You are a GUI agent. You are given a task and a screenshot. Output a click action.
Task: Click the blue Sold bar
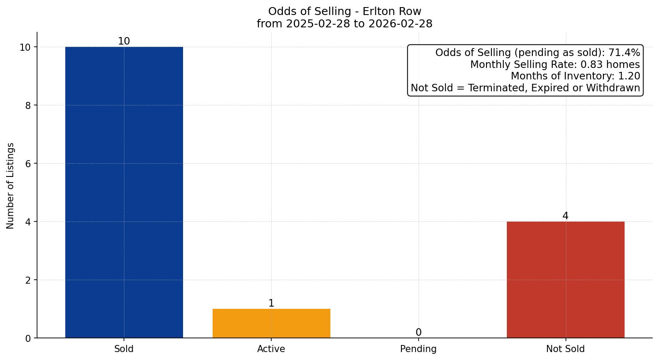coord(124,192)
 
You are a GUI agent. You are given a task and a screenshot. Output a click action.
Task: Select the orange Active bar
coord(271,323)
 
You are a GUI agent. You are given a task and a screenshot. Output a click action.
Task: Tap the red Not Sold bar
coord(565,280)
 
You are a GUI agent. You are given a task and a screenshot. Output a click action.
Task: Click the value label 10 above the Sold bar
coord(124,41)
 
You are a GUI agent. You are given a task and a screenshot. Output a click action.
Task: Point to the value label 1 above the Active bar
coord(271,303)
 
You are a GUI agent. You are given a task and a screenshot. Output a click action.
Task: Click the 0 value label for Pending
coord(418,332)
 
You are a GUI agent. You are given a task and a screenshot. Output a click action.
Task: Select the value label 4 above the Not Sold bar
coord(565,216)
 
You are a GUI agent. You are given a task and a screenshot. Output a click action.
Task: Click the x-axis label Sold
coord(124,349)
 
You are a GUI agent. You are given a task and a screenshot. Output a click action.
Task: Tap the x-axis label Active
coord(271,349)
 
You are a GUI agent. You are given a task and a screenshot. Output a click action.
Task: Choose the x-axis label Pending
coord(418,349)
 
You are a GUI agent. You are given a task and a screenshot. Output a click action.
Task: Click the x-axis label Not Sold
coord(565,349)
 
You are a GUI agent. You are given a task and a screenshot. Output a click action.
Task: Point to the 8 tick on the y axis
coord(28,105)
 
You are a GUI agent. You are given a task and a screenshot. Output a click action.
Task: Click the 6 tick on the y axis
coord(28,164)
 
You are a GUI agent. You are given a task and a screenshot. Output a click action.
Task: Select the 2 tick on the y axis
coord(28,280)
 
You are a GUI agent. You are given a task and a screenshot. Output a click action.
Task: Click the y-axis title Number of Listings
coord(11,185)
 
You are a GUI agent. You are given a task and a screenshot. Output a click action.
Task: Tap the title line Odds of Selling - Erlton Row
coord(344,11)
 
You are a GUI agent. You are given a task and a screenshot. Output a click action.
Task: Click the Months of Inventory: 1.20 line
coord(575,76)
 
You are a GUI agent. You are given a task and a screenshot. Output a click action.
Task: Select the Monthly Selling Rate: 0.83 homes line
coord(555,64)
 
